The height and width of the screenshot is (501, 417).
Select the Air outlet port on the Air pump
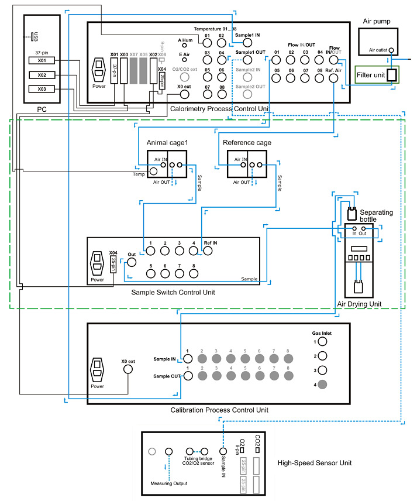[391, 51]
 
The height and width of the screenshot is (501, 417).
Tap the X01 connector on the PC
[42, 60]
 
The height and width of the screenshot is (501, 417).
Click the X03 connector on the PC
[42, 89]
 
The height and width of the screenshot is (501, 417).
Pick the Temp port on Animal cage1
[154, 171]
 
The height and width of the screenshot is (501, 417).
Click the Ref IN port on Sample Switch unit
[207, 252]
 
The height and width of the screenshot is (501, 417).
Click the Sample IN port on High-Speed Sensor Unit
[222, 451]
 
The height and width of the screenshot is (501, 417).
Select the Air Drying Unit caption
[359, 304]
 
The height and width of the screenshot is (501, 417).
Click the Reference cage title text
[247, 142]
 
